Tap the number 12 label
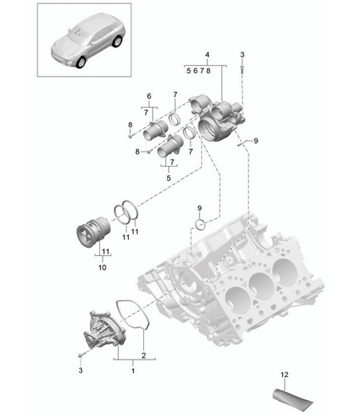point(285,375)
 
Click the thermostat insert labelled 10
point(90,234)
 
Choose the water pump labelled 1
point(100,330)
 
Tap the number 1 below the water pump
point(135,371)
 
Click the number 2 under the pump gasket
point(144,356)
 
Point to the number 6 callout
point(149,96)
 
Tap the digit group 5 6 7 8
point(198,69)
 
